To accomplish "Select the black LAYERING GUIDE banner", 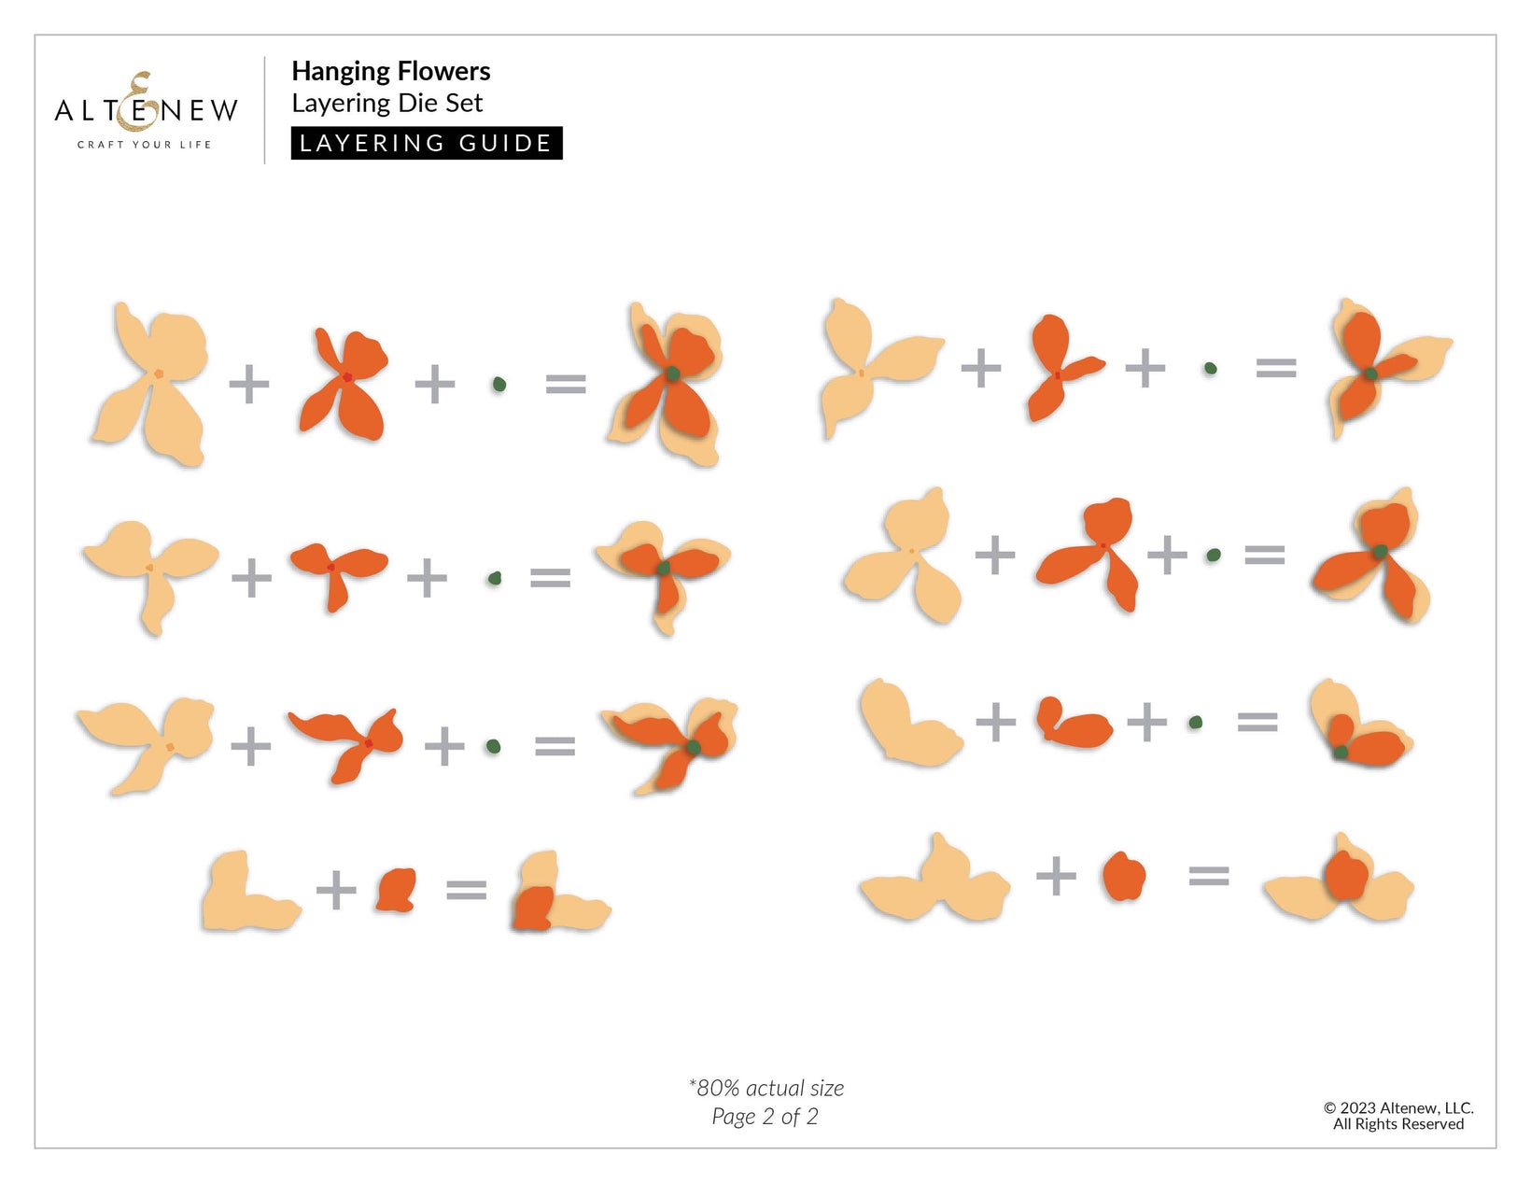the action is pos(427,143).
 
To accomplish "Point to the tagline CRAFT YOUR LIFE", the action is pos(145,145).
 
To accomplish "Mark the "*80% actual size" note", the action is pos(765,1089).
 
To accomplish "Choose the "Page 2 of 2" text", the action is pos(765,1117).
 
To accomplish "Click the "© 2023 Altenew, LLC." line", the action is pos(1398,1108).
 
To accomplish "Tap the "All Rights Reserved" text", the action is pos(1398,1124).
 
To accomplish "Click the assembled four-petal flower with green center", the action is pos(666,384).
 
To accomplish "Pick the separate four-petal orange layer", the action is pos(344,384).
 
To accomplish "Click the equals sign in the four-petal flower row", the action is pos(566,384).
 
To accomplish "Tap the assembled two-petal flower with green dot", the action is pos(1360,724).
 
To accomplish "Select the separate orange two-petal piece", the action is pos(1073,722).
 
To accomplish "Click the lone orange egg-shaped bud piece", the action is pos(1124,876).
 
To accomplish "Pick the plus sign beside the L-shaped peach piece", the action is pos(336,891).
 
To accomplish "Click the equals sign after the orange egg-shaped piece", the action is pos(1209,877).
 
